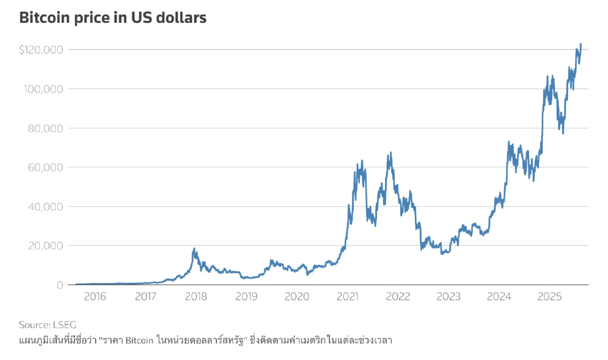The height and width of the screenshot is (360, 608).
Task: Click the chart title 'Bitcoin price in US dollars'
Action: pyautogui.click(x=112, y=18)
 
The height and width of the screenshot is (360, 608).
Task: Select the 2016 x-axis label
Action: pyautogui.click(x=95, y=297)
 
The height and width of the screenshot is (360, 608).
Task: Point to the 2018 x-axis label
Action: pyautogui.click(x=196, y=297)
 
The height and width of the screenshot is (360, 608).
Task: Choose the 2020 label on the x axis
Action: pyautogui.click(x=297, y=297)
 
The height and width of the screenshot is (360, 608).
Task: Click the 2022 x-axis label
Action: pyautogui.click(x=398, y=297)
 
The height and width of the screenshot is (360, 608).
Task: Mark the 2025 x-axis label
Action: pyautogui.click(x=549, y=297)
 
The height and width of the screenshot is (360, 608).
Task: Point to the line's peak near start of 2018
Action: pyautogui.click(x=194, y=248)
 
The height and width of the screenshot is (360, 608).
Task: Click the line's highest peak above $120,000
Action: pyautogui.click(x=581, y=44)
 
